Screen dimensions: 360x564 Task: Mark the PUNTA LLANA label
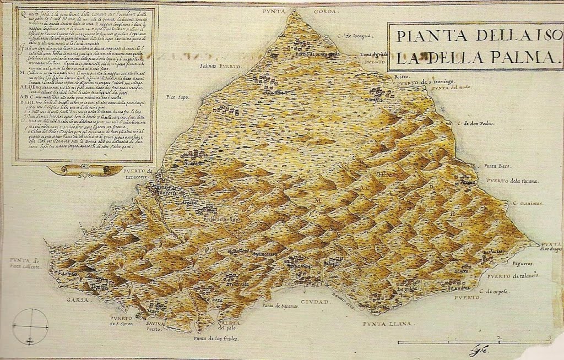click(387, 324)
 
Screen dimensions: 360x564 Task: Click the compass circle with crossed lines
click(30, 325)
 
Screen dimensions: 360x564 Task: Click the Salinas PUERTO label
click(220, 66)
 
